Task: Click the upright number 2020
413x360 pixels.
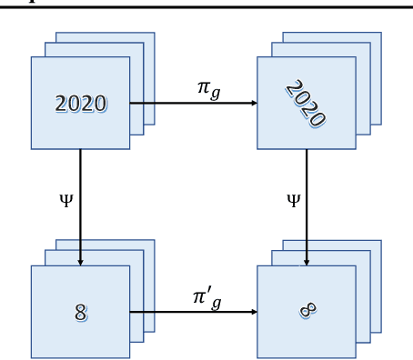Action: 80,104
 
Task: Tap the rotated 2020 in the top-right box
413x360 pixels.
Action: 306,103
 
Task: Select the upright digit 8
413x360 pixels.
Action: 80,313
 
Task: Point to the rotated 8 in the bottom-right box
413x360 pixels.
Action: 307,311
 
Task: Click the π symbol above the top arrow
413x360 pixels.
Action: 204,87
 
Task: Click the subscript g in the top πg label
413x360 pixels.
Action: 216,93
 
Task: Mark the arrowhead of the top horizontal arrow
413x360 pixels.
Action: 254,103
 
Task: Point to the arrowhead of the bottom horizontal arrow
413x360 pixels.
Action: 254,312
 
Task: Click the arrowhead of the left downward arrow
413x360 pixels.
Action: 80,262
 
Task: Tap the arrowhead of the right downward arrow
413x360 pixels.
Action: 307,262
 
